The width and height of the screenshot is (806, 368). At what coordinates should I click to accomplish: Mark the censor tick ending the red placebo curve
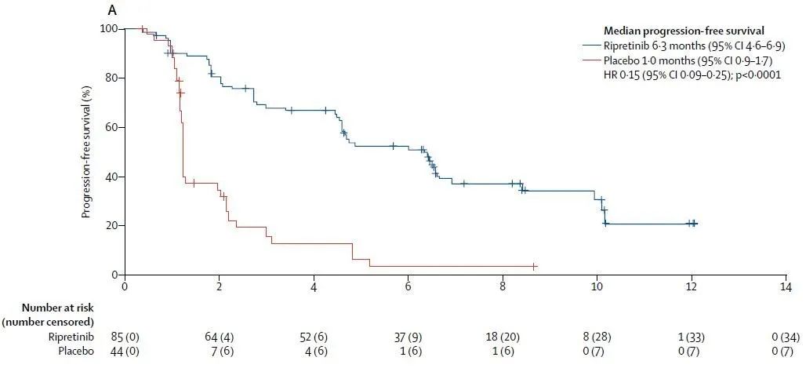tap(534, 267)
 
